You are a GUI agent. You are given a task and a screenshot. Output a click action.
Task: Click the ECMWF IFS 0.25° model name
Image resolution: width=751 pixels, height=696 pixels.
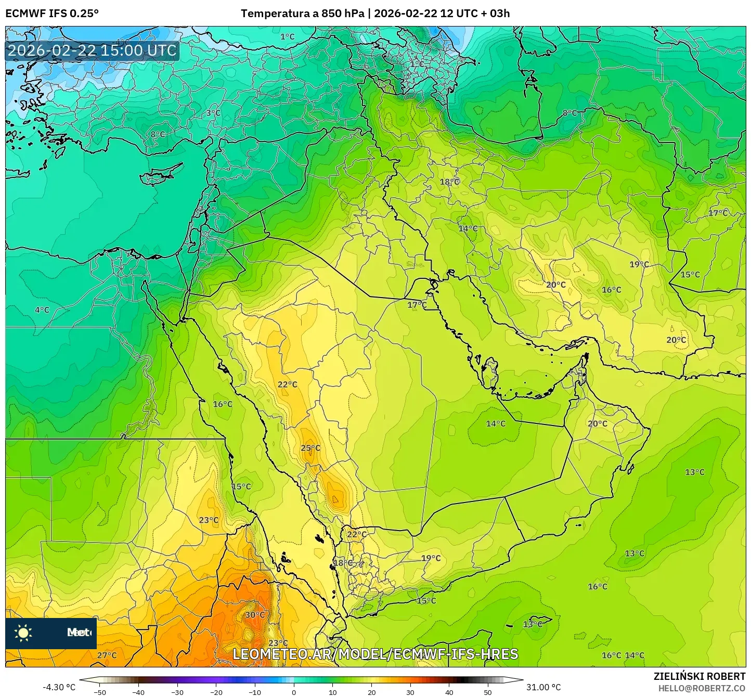[x=52, y=14]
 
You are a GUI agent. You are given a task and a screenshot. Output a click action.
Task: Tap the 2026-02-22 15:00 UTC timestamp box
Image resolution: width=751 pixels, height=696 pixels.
[x=93, y=50]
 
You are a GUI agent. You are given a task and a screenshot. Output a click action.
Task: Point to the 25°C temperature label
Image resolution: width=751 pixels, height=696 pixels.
[x=310, y=448]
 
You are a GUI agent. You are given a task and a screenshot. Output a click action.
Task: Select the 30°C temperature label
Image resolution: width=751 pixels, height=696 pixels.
[x=255, y=615]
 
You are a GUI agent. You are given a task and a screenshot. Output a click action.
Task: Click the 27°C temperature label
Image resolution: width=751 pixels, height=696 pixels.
[x=107, y=655]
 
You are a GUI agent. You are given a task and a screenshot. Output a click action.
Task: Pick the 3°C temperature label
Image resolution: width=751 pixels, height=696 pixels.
[x=213, y=113]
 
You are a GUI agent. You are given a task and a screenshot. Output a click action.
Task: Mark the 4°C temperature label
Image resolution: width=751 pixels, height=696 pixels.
[x=42, y=310]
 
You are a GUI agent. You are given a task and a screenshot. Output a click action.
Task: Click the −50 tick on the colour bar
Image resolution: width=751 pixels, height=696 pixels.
[x=99, y=692]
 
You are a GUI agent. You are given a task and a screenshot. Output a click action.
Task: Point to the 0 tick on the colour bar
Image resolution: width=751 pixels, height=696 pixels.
[x=294, y=692]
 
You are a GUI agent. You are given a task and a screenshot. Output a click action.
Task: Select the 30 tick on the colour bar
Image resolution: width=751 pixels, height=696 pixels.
[x=410, y=692]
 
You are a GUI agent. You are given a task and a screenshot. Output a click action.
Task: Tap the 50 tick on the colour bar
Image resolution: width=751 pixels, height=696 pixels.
[x=488, y=692]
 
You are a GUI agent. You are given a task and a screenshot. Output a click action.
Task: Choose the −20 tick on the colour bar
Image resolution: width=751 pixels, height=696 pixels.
[x=216, y=692]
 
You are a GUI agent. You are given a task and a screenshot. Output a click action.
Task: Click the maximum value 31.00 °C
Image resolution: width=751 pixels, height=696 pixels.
[x=543, y=687]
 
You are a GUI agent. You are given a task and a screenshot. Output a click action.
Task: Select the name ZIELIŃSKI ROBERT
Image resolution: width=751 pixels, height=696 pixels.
[x=700, y=676]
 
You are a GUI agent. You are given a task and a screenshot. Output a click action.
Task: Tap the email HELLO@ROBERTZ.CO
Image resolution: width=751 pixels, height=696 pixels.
[x=702, y=688]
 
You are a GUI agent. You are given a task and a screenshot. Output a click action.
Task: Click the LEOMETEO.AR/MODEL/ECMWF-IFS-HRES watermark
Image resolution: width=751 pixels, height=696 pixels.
[x=375, y=654]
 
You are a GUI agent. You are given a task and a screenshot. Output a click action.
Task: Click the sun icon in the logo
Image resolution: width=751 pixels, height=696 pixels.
[x=23, y=633]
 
